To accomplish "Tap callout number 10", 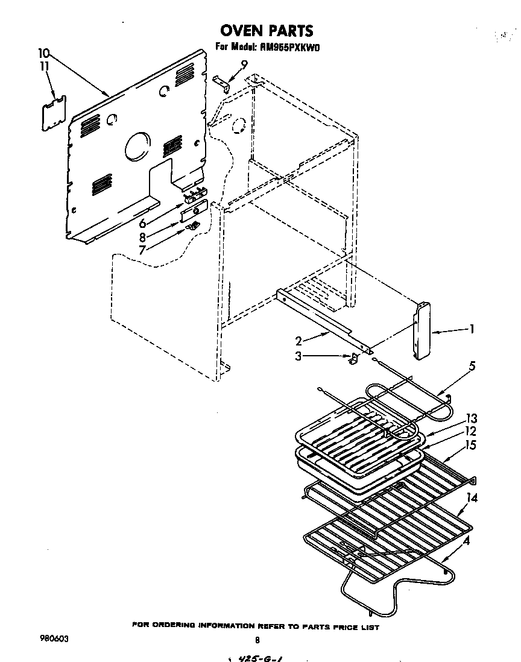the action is (44, 52).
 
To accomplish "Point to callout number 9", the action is (244, 64).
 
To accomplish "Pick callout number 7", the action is (142, 249).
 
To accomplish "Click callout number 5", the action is (472, 365).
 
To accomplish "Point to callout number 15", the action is (471, 445).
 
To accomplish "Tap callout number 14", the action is (472, 498).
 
